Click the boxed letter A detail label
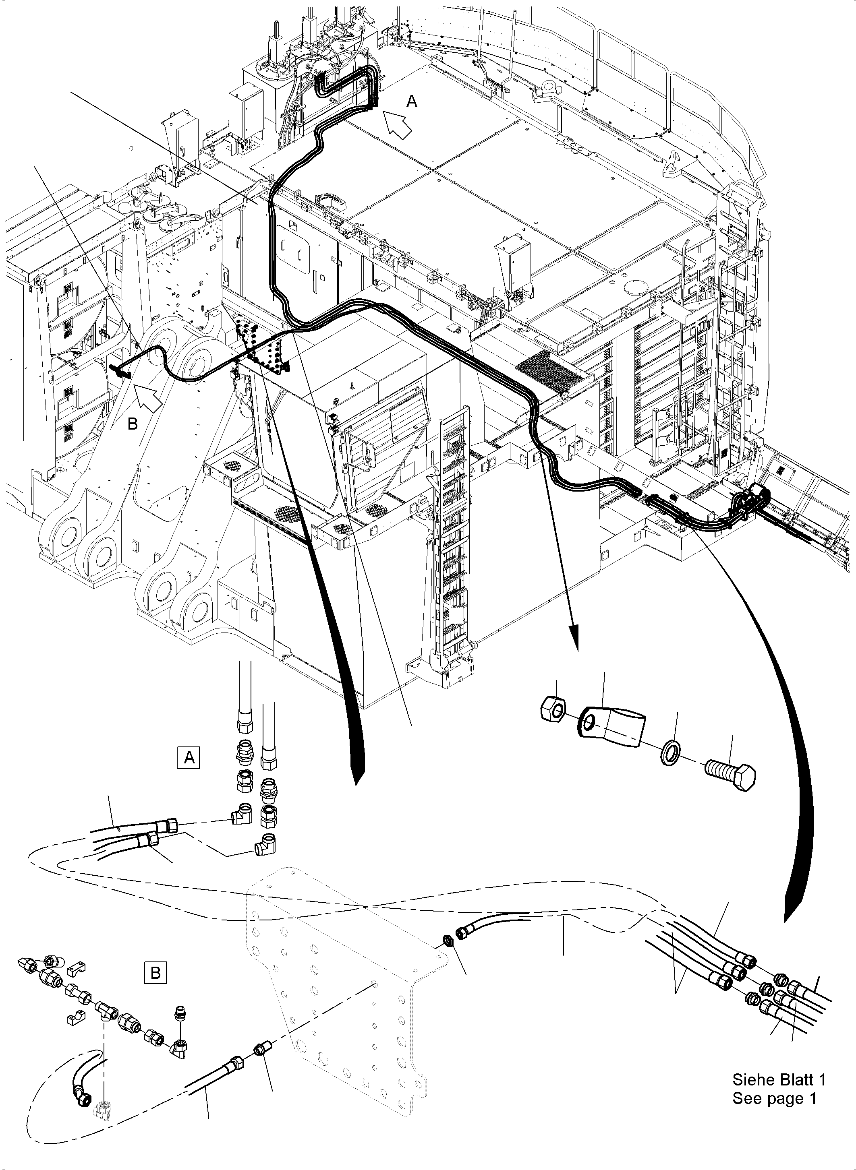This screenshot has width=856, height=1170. (x=189, y=758)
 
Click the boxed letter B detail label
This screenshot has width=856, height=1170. (x=155, y=973)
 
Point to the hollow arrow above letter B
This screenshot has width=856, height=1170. (x=149, y=396)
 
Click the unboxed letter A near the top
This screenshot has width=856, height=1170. (x=411, y=102)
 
